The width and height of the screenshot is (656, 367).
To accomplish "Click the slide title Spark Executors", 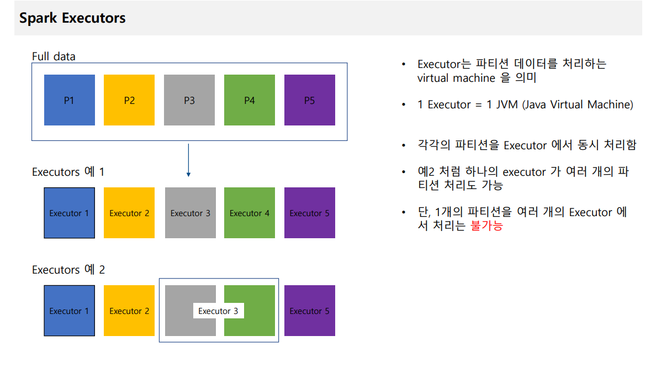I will (72, 18).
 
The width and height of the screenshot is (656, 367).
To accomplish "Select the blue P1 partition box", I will (69, 100).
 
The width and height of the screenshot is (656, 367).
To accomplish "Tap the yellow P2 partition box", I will (129, 100).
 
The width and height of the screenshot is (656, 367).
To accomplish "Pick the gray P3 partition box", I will (189, 100).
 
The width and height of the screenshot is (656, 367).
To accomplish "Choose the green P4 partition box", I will (250, 100).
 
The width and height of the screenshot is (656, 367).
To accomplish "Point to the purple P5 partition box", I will (309, 100).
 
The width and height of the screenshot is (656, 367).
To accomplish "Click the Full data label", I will (54, 56).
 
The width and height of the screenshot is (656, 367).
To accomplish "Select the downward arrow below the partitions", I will (188, 161).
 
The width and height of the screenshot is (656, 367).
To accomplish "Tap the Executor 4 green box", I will (250, 213).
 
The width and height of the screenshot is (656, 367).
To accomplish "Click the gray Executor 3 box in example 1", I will (190, 213).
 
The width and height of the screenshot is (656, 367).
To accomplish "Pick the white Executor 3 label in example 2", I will (218, 311).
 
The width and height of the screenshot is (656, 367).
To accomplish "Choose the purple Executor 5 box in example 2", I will (309, 311).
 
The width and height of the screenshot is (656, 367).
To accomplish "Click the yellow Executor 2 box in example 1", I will (129, 213).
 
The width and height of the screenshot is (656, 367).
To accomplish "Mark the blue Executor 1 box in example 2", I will (69, 311).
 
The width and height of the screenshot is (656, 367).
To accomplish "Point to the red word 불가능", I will (486, 226).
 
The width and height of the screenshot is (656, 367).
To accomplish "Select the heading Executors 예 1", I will (68, 172).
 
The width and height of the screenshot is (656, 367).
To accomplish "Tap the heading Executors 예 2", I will (68, 270).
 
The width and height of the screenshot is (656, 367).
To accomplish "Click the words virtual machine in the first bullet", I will (456, 78).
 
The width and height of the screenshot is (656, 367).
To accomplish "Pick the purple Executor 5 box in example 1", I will (309, 213).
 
